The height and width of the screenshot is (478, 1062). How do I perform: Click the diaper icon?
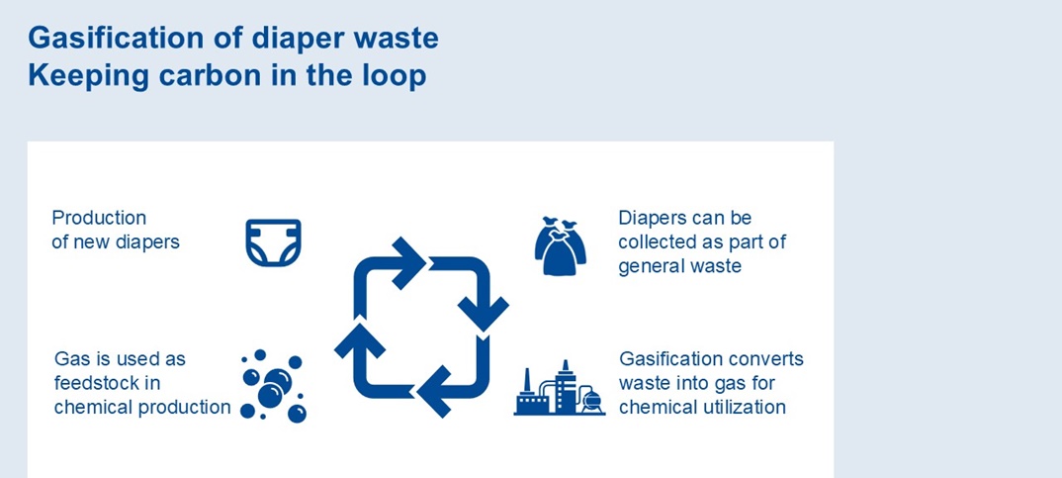point(273,242)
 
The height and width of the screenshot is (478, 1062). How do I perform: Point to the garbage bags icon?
point(561,246)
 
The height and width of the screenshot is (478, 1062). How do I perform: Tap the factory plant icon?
point(559,389)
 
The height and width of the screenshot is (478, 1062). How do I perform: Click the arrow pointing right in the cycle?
point(407,262)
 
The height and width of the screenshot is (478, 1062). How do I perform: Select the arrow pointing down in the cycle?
point(485,297)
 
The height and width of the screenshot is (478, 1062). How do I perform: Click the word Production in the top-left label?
point(99,218)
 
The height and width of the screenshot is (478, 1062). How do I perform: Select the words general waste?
point(679,266)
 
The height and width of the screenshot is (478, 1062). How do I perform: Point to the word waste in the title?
point(395,39)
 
